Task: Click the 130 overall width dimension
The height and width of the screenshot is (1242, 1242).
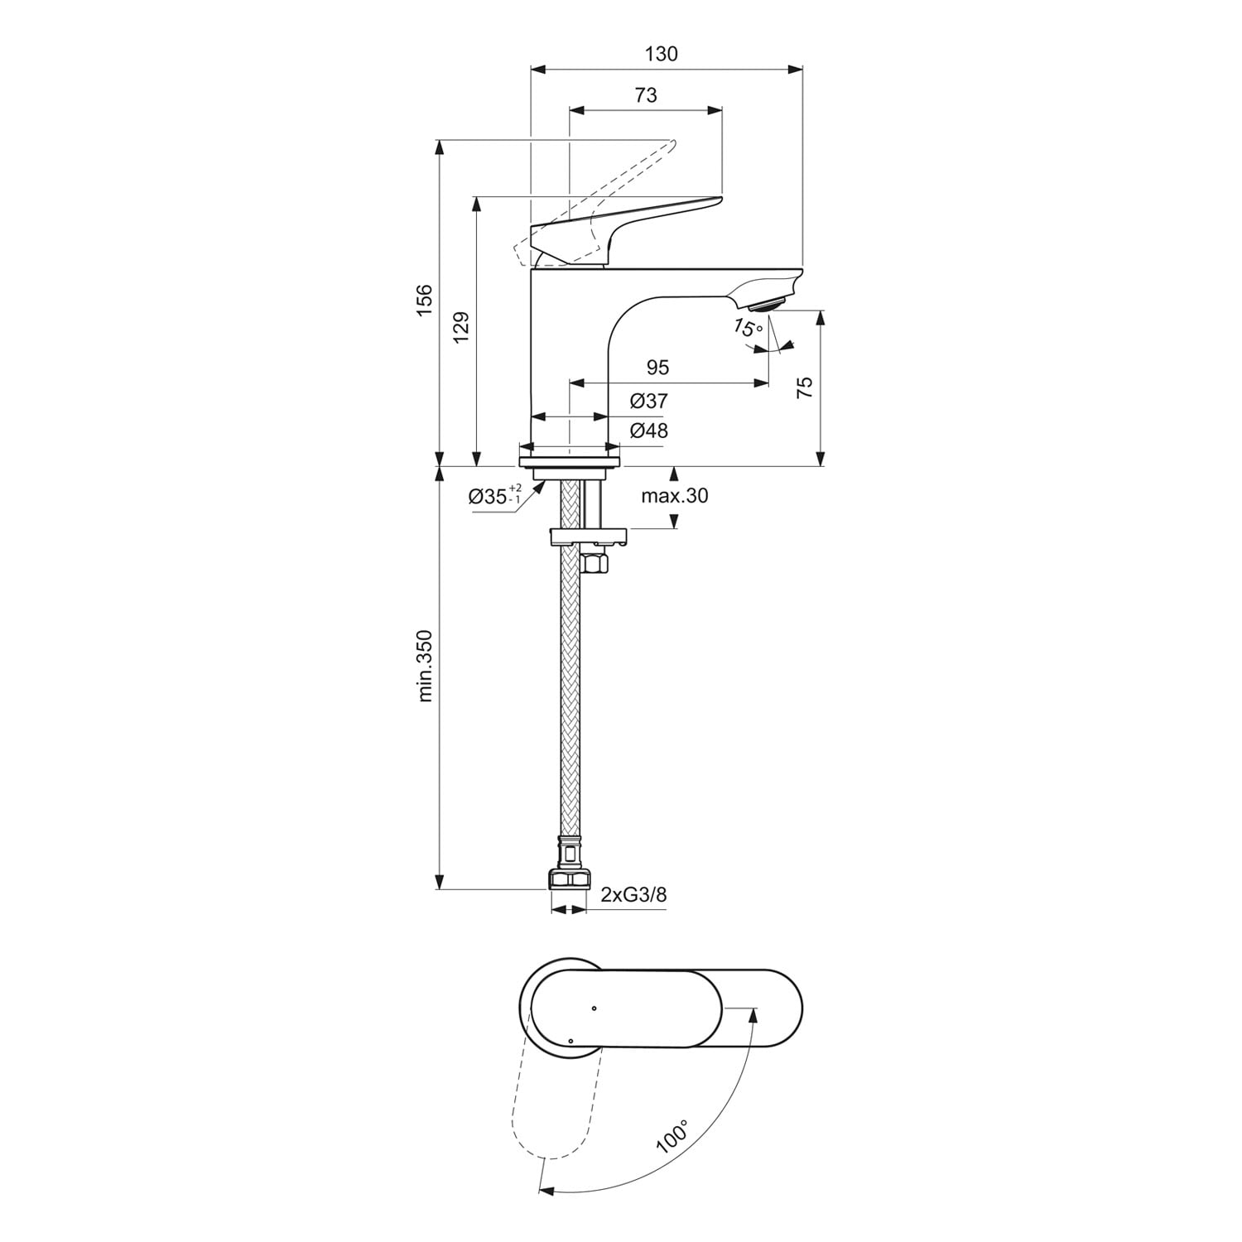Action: point(662,54)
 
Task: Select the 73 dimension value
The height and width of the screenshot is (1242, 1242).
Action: point(646,95)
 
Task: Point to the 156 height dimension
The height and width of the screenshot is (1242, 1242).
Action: point(424,301)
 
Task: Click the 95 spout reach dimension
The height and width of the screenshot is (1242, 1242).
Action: point(657,367)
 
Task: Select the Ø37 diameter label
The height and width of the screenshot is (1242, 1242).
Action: point(648,402)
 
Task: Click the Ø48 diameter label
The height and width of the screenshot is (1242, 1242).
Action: point(648,431)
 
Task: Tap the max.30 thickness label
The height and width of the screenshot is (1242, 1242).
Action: point(675,496)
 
